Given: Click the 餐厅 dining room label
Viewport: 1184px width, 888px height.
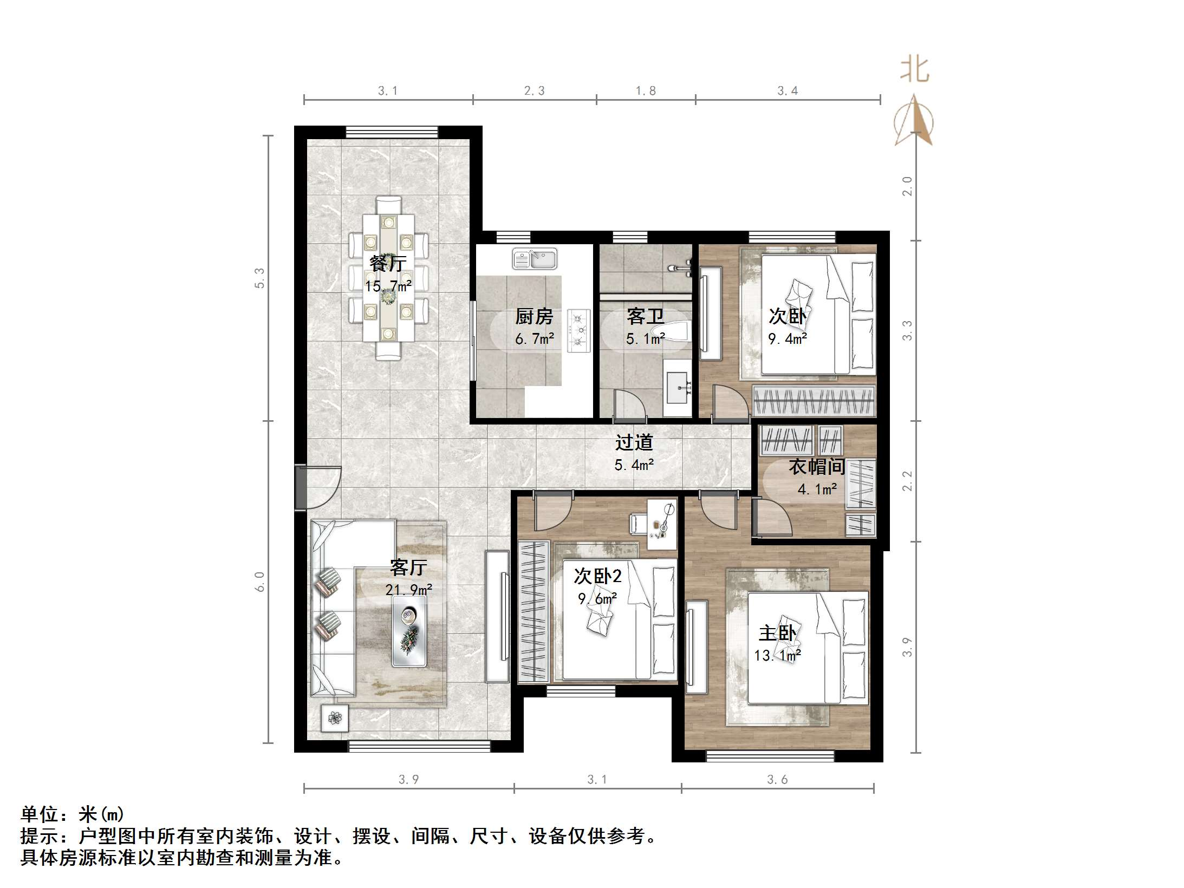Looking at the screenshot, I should (388, 264).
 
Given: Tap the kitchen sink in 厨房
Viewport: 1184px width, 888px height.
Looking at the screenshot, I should (535, 259).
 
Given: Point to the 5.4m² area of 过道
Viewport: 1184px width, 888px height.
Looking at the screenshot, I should (634, 465).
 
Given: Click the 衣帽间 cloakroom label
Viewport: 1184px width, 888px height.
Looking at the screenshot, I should (816, 467).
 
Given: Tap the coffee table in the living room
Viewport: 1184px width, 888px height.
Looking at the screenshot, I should (409, 631).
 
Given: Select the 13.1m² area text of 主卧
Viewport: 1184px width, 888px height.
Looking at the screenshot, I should (777, 656).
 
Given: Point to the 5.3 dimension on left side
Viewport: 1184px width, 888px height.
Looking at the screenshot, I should (260, 278).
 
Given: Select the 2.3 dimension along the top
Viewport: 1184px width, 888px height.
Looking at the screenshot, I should (534, 91).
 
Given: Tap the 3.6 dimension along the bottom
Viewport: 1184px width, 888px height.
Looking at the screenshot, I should (777, 780).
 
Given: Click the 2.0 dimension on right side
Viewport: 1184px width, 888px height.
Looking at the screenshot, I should (907, 186).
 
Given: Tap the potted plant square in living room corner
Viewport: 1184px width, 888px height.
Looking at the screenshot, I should (335, 719).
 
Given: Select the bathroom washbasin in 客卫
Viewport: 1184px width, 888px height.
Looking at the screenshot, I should (676, 388).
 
